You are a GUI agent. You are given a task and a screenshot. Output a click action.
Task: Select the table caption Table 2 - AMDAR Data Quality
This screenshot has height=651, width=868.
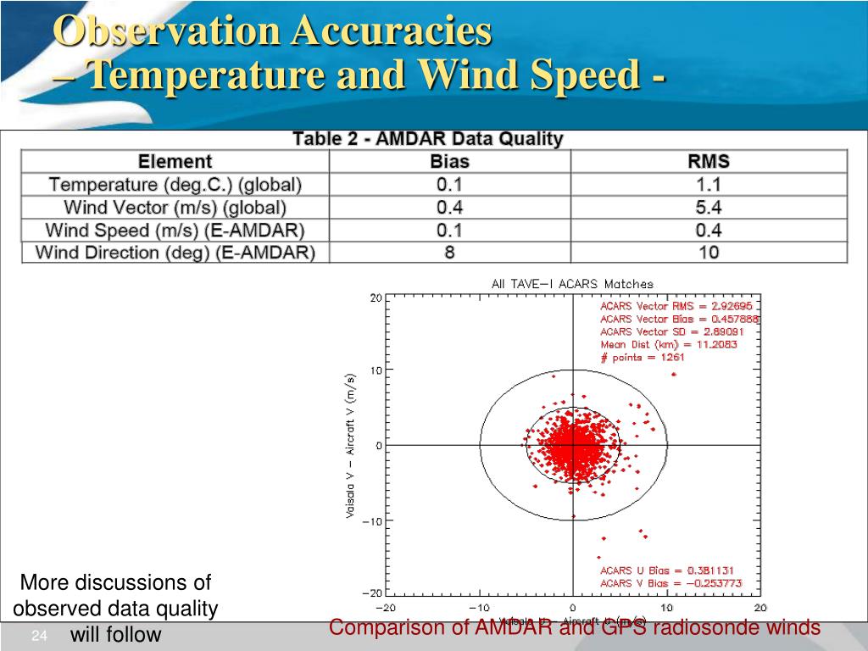click(x=427, y=139)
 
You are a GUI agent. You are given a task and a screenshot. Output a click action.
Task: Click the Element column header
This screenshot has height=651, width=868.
click(x=175, y=161)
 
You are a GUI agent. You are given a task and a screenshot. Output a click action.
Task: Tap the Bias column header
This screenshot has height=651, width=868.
click(x=449, y=161)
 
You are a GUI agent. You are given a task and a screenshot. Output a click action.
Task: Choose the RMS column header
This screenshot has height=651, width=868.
click(x=709, y=161)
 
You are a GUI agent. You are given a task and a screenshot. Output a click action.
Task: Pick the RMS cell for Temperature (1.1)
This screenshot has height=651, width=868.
click(x=709, y=184)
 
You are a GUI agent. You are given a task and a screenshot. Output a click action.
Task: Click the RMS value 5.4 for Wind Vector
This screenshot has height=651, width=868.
click(x=709, y=207)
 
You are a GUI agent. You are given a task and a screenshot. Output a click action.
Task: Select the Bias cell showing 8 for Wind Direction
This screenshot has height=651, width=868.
click(x=449, y=252)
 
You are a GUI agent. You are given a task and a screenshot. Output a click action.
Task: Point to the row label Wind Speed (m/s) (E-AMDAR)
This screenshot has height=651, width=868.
click(x=175, y=230)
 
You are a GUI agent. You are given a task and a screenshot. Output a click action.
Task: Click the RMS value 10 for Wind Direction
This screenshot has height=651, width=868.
click(x=709, y=252)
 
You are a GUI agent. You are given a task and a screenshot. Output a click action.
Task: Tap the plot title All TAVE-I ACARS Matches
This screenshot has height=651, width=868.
click(x=572, y=284)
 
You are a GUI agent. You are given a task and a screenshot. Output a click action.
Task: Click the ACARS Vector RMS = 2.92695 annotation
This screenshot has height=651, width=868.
click(x=676, y=306)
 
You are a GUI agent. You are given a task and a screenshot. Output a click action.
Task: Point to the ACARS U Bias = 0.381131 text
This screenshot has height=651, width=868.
click(x=667, y=570)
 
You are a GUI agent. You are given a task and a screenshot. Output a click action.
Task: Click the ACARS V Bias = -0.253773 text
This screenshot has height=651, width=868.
click(x=670, y=583)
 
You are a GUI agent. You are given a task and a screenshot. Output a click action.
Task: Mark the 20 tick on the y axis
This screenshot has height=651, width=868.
click(x=376, y=298)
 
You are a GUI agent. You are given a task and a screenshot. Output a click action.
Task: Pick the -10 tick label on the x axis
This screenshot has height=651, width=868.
click(x=479, y=608)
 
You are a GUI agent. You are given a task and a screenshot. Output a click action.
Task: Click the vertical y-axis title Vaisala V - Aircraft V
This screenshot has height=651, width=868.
click(x=351, y=445)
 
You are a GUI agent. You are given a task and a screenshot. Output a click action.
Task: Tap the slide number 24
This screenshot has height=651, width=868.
click(x=38, y=637)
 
